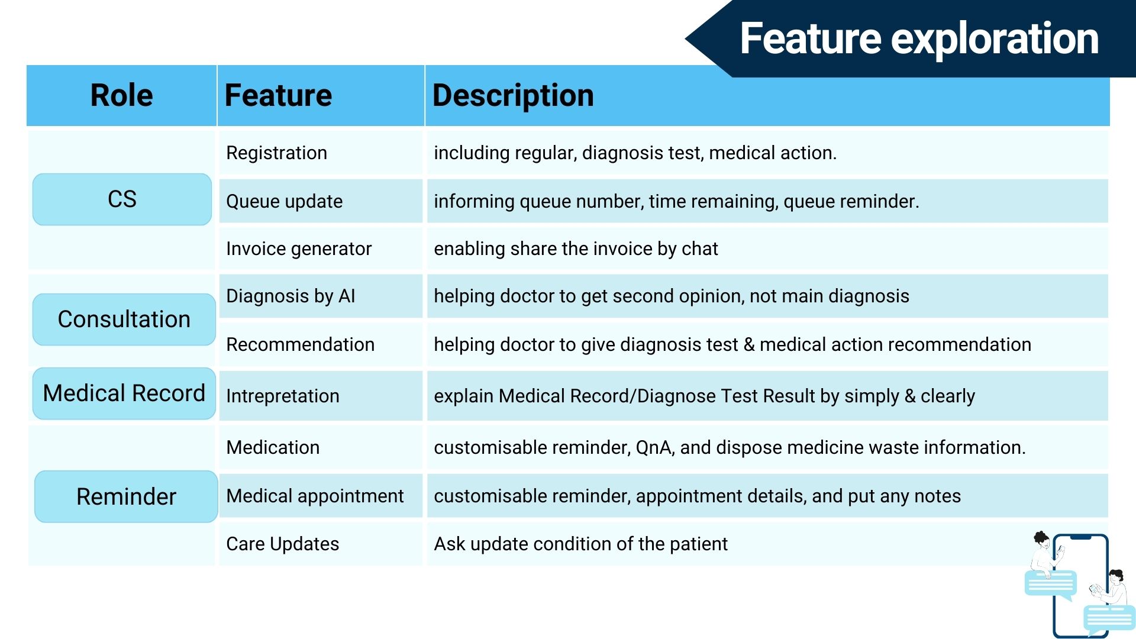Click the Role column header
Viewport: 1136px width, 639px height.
[x=122, y=95]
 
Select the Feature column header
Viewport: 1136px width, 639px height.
[x=278, y=95]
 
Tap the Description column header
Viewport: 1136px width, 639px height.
[x=513, y=95]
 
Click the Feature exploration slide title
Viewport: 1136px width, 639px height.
[x=919, y=38]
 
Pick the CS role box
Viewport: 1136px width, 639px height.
[x=122, y=199]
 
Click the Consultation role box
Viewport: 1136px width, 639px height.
[x=124, y=319]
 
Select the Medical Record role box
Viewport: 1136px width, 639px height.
[x=124, y=393]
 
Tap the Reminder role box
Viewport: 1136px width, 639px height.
[x=126, y=496]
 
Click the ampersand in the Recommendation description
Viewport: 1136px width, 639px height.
[x=749, y=344]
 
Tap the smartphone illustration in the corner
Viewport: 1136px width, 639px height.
[x=1080, y=586]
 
